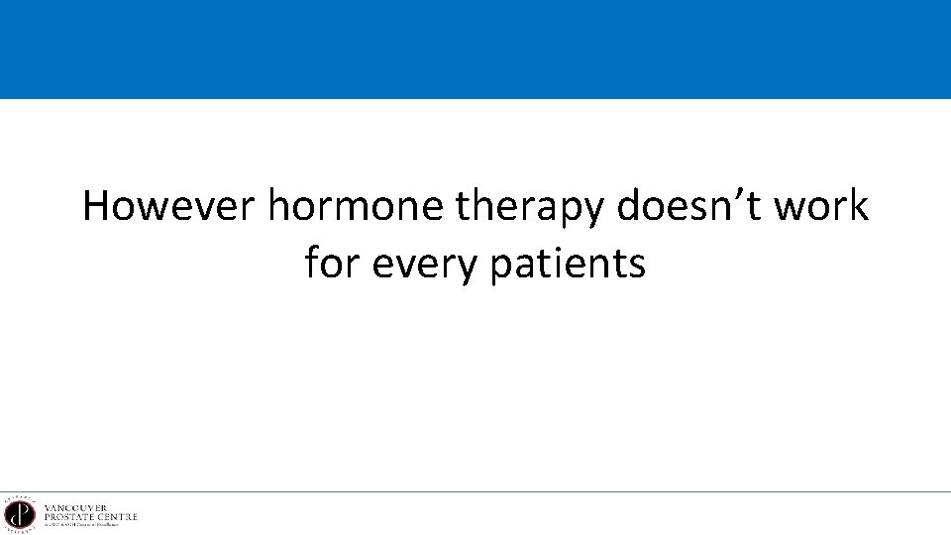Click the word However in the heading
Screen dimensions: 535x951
[x=168, y=206]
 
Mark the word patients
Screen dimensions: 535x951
[x=568, y=265]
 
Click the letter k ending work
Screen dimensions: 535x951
[x=858, y=206]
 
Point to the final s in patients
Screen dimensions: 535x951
[x=637, y=265]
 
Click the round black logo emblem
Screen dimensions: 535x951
[x=20, y=514]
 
